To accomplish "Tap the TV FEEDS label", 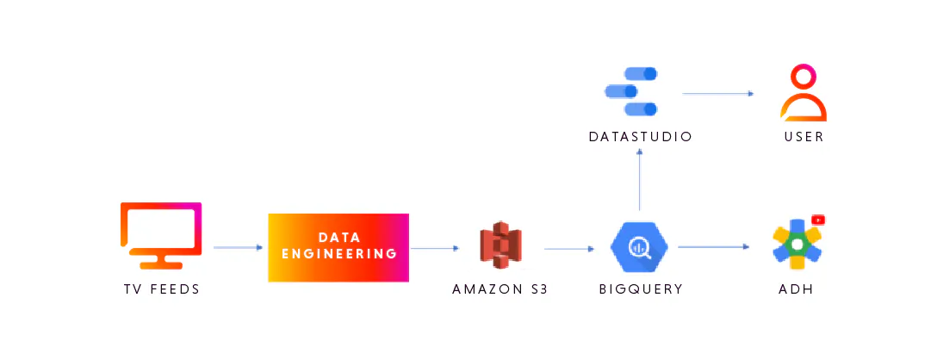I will [161, 289].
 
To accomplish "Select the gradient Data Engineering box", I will [338, 247].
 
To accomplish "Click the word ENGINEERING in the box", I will [338, 254].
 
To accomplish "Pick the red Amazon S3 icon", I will [501, 246].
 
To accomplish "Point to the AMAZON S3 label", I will [500, 289].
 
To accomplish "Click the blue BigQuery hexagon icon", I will [639, 247].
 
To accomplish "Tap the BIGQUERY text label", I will [641, 289].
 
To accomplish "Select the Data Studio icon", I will [632, 91].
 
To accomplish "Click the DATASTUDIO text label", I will [641, 137].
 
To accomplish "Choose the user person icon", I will [803, 93].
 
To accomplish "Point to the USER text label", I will [804, 137].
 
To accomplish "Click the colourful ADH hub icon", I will [798, 245].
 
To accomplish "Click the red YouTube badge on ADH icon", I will [818, 220].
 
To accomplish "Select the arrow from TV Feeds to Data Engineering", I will [238, 248].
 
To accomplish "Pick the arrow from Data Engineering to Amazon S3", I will [435, 249].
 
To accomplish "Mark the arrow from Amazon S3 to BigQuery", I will [569, 249].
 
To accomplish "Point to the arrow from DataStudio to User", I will [718, 93].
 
